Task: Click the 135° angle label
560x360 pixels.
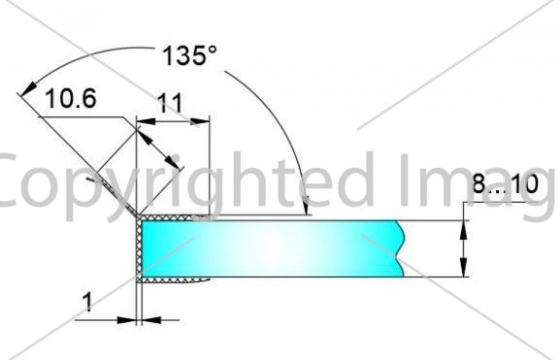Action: (189, 55)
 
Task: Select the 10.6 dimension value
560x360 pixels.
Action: (71, 99)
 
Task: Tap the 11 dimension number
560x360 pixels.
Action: (170, 104)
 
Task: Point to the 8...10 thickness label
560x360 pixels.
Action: (505, 184)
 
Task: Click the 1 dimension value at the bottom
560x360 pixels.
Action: (87, 302)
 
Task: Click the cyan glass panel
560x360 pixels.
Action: (273, 248)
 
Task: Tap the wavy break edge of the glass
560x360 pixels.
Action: (401, 248)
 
